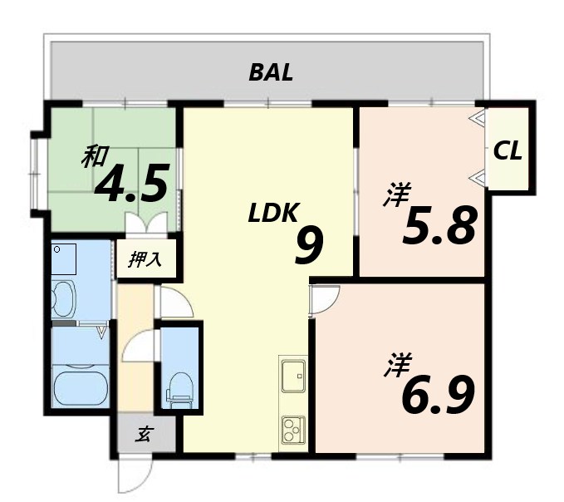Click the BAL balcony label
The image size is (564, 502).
tap(271, 72)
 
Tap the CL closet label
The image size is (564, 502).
tap(508, 150)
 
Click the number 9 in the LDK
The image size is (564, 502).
tap(309, 247)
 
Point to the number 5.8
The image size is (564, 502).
tap(439, 225)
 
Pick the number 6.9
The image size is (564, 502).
tap(438, 394)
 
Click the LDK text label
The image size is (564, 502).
tap(273, 213)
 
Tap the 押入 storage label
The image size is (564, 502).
tap(145, 259)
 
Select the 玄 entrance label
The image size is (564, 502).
tap(145, 434)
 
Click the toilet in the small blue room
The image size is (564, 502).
tap(179, 391)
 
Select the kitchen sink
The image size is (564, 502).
tap(293, 376)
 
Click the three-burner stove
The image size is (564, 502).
tap(293, 430)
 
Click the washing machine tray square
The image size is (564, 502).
tap(63, 259)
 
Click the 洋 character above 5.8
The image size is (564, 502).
tap(397, 194)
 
